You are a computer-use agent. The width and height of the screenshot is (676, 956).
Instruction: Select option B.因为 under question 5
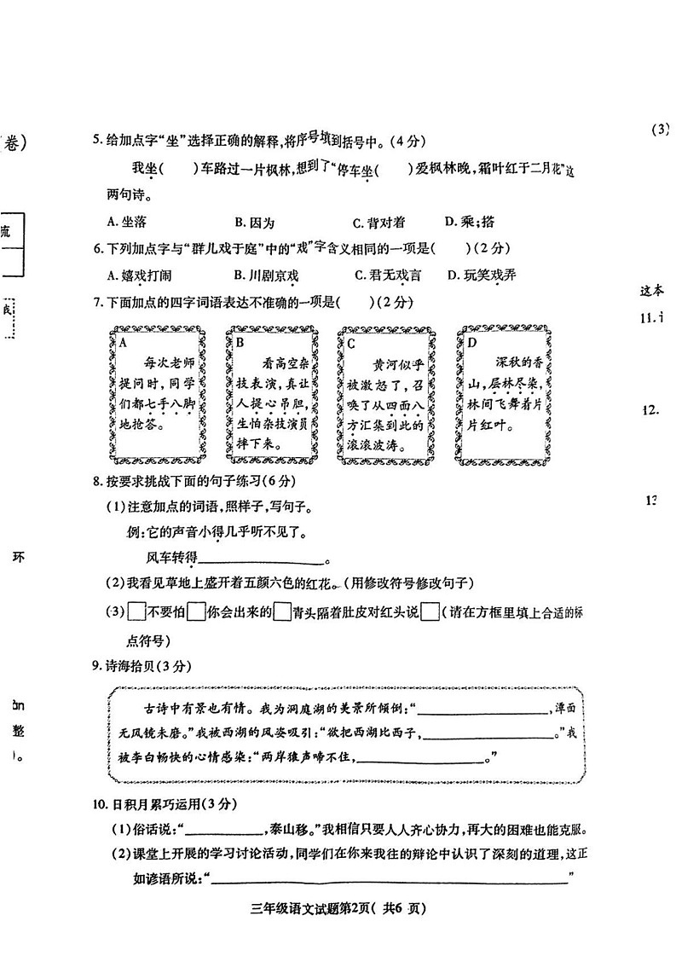click(x=254, y=222)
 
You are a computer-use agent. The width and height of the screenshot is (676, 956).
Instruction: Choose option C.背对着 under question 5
click(x=378, y=222)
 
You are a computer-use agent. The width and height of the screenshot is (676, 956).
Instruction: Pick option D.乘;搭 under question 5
click(x=470, y=222)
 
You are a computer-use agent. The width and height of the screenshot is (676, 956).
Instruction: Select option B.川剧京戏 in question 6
click(x=266, y=275)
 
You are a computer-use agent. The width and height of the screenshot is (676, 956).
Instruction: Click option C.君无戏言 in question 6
click(x=388, y=275)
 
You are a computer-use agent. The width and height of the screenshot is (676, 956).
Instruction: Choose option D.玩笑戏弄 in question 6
click(x=482, y=275)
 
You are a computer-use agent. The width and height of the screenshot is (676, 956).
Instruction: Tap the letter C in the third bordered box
click(x=351, y=343)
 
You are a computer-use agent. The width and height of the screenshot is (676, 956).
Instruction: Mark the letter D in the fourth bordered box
click(x=471, y=343)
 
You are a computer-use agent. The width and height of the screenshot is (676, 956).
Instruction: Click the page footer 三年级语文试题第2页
click(x=338, y=908)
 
